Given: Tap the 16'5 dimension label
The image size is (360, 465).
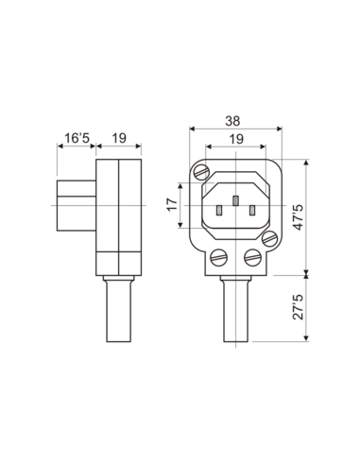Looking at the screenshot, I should [76, 138].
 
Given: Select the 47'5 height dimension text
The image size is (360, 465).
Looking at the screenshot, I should [299, 217].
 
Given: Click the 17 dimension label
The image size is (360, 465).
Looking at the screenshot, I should [171, 205].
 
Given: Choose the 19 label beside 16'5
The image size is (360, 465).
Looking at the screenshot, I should [119, 138].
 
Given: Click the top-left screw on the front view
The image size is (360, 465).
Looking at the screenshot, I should [199, 171].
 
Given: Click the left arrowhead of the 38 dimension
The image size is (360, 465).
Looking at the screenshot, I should [192, 130].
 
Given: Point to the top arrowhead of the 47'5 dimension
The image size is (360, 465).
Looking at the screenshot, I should [308, 163].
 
